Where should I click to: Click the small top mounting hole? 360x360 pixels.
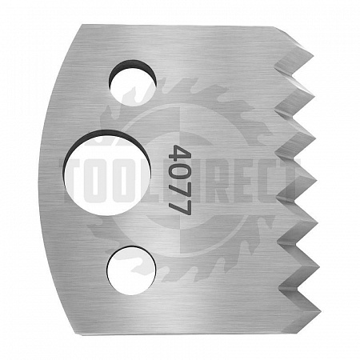(x=132, y=82)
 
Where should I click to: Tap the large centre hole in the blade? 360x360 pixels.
(x=108, y=173)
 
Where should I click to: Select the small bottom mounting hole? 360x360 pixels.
(x=131, y=271)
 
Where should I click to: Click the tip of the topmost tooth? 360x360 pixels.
(x=313, y=56)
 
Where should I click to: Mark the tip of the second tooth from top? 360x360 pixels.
(x=314, y=94)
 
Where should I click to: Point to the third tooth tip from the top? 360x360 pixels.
(x=317, y=138)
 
